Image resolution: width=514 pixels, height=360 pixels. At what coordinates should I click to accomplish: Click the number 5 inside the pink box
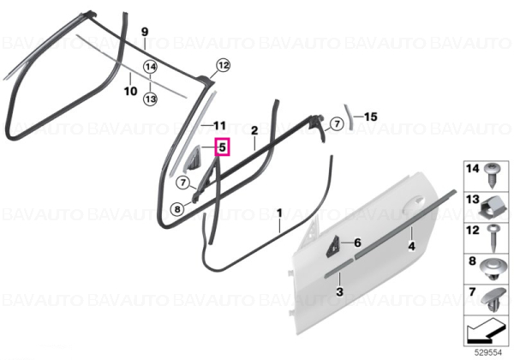[x=222, y=147]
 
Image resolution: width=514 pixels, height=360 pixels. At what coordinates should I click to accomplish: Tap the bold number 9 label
[x=145, y=32]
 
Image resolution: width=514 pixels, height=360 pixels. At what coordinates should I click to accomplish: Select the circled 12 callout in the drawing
[x=223, y=65]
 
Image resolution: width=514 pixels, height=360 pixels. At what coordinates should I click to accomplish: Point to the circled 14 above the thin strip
[x=151, y=67]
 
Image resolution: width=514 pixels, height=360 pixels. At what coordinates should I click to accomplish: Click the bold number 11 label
[x=220, y=126]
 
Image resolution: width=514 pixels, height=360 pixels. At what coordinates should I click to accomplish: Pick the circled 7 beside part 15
[x=337, y=124]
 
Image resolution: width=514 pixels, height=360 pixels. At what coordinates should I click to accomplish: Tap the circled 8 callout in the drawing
[x=177, y=209]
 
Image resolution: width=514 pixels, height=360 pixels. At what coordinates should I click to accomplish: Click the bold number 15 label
[x=371, y=117]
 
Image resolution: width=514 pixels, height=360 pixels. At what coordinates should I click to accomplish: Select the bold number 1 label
[x=279, y=213]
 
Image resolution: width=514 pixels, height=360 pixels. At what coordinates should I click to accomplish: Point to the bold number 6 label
[x=357, y=243]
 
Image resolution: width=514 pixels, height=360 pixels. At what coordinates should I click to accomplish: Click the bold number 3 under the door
[x=339, y=291]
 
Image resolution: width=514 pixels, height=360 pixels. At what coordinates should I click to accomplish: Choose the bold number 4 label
[x=412, y=246]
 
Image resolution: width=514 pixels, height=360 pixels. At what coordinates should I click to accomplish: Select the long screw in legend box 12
[x=493, y=238]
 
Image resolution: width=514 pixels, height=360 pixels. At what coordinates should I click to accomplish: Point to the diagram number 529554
[x=488, y=352]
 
